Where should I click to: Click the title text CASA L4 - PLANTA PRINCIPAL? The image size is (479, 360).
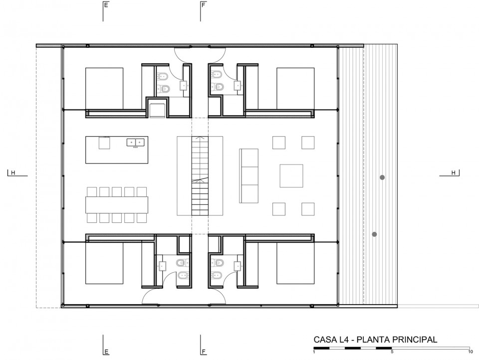pyautogui.click(x=375, y=340)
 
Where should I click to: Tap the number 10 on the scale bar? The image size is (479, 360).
pyautogui.click(x=471, y=352)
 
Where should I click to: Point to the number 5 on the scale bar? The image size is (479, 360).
pyautogui.click(x=392, y=352)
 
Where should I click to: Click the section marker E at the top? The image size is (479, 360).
pyautogui.click(x=106, y=5)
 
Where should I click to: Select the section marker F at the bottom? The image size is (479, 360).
pyautogui.click(x=204, y=352)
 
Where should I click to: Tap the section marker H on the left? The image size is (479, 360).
pyautogui.click(x=13, y=173)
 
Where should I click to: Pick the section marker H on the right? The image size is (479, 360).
pyautogui.click(x=454, y=173)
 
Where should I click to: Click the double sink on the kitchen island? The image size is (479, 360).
pyautogui.click(x=135, y=142)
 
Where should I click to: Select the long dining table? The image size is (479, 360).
pyautogui.click(x=117, y=204)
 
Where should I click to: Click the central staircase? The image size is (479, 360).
pyautogui.click(x=200, y=176)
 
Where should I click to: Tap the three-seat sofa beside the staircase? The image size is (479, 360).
pyautogui.click(x=248, y=176)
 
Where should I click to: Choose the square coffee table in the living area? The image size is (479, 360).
pyautogui.click(x=291, y=176)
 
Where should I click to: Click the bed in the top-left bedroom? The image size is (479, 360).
pyautogui.click(x=104, y=89)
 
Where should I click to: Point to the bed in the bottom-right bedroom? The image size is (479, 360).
pyautogui.click(x=295, y=263)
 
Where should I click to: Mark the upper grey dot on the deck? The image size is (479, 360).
pyautogui.click(x=382, y=178)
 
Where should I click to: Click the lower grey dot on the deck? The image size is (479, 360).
pyautogui.click(x=375, y=234)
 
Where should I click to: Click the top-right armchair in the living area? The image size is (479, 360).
pyautogui.click(x=308, y=143)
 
